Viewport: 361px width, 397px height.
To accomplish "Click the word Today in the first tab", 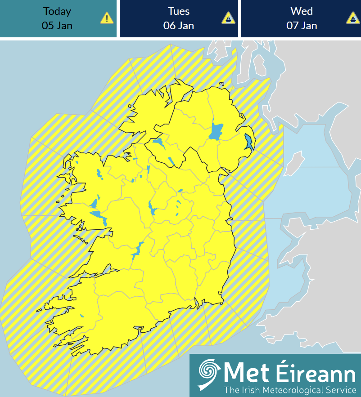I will (x=57, y=11).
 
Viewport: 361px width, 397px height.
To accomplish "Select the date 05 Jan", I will (x=57, y=25).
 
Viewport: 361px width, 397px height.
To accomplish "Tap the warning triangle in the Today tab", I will (x=107, y=18).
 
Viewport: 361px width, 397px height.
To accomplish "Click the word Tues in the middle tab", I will (x=179, y=11).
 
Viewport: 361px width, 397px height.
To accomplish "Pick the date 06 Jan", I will (x=179, y=25).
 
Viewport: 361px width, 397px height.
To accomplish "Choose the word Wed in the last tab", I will (x=302, y=11).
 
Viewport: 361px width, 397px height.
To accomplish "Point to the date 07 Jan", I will (x=302, y=25).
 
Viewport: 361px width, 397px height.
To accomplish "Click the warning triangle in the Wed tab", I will (x=352, y=18).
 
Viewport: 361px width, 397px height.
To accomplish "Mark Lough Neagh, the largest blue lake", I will (x=217, y=132).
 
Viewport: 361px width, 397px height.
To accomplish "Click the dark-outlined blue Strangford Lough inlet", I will (x=248, y=142).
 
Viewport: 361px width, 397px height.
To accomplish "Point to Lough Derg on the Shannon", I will (x=136, y=252).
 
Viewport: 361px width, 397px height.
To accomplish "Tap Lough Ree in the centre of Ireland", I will (x=151, y=207).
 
